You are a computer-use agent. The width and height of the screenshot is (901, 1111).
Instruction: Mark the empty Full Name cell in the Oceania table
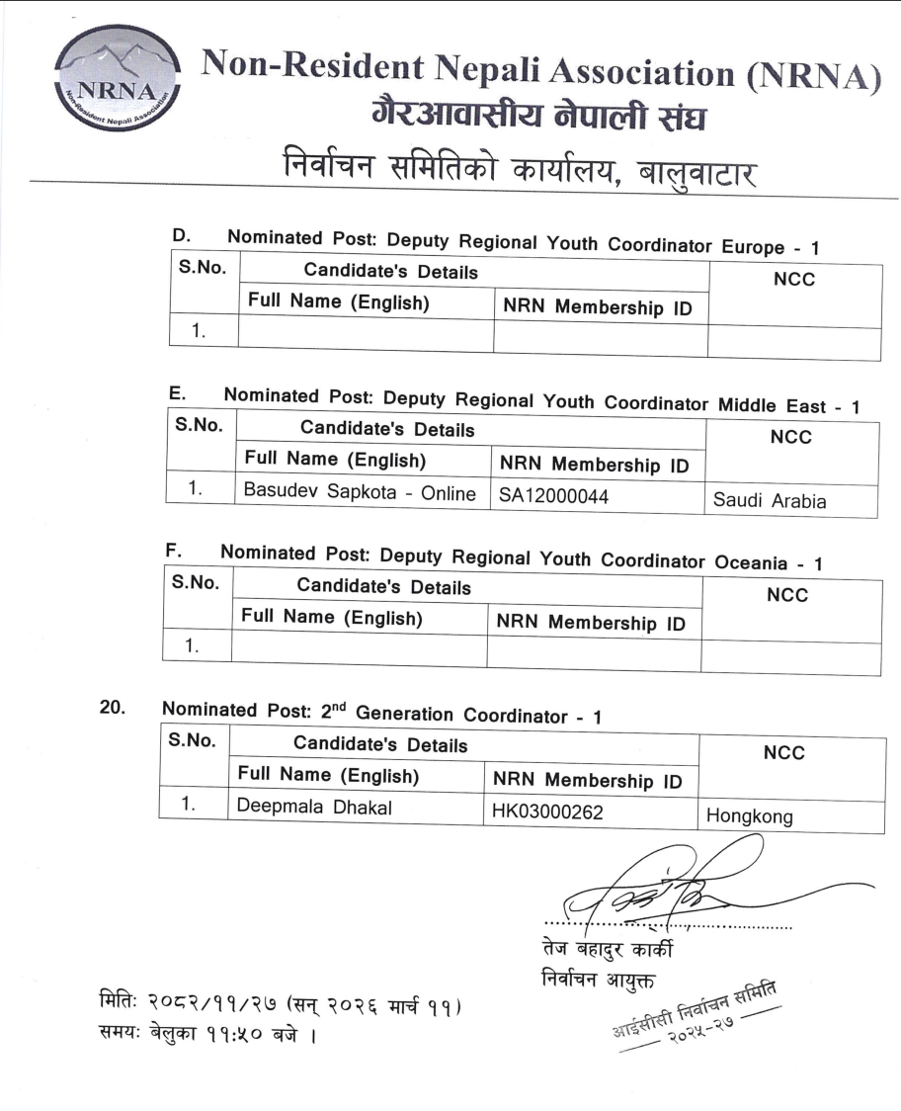pos(358,650)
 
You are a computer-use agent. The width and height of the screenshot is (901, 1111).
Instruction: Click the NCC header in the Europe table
pos(793,280)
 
